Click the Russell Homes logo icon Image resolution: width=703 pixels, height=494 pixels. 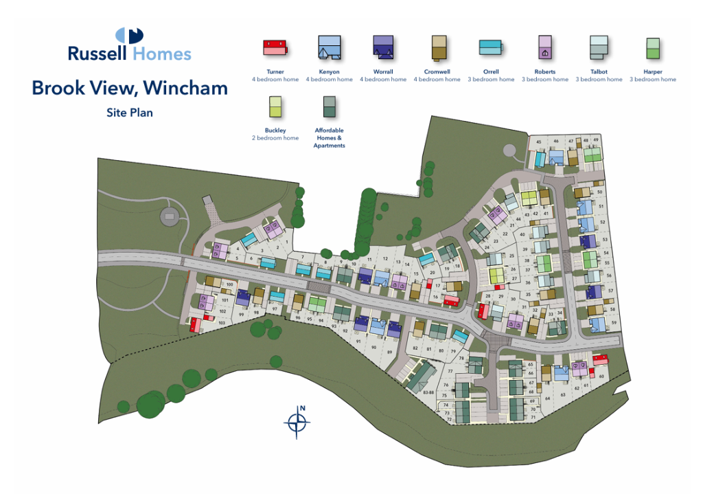click(129, 36)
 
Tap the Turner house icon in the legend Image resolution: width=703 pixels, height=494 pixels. click(275, 47)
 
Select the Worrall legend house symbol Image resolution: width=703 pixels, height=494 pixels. click(382, 47)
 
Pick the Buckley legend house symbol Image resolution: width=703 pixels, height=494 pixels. click(275, 107)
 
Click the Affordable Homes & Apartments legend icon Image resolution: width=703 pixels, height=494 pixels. click(329, 107)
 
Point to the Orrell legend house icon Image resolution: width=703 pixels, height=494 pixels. click(490, 47)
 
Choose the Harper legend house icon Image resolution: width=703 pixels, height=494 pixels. click(652, 48)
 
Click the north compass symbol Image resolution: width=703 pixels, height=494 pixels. click(297, 422)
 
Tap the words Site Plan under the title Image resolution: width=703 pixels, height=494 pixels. click(129, 113)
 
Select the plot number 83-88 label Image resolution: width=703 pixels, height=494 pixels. click(429, 392)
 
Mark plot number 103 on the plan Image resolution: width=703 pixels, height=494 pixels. click(221, 322)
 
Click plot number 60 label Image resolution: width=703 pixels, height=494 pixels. click(601, 376)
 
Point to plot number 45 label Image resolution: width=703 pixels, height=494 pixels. click(539, 142)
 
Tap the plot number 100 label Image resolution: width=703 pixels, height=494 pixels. click(230, 284)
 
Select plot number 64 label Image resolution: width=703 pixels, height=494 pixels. click(547, 398)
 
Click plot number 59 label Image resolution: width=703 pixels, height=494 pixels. click(614, 322)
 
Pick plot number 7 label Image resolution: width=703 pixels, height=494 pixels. click(302, 257)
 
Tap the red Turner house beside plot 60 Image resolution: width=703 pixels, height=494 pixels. click(601, 359)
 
